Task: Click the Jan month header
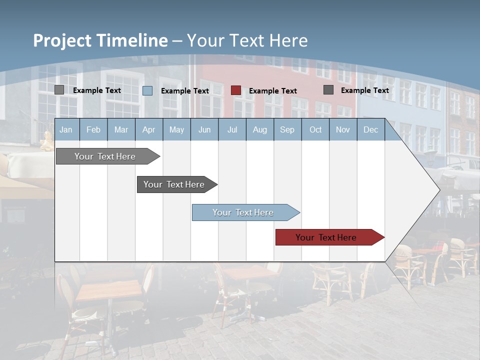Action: click(x=66, y=130)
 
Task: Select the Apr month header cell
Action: click(x=148, y=130)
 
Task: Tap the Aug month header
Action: click(x=259, y=130)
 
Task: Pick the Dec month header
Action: click(x=370, y=130)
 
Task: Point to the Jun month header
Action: click(x=204, y=130)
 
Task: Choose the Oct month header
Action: click(x=315, y=130)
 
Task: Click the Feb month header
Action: click(x=93, y=130)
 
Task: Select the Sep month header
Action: click(x=287, y=130)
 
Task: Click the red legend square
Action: click(x=236, y=90)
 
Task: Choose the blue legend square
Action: click(x=147, y=90)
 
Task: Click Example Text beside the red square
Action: click(x=273, y=91)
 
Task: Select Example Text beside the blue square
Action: click(x=185, y=91)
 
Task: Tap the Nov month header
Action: click(x=343, y=130)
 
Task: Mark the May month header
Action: click(x=176, y=130)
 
